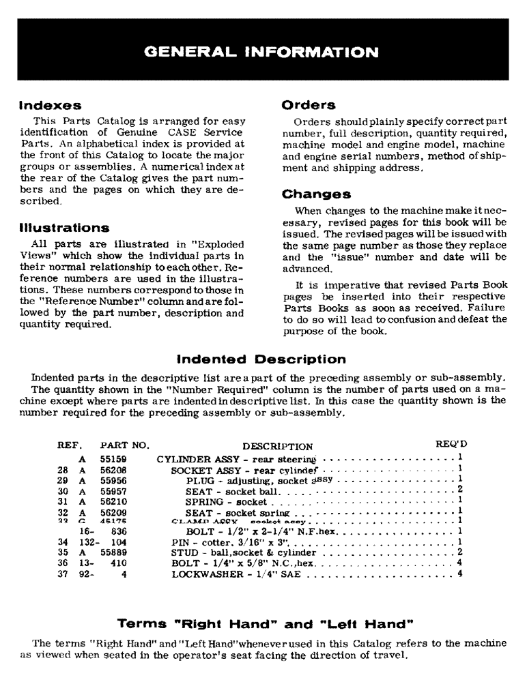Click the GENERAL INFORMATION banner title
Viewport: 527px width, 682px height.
tap(263, 52)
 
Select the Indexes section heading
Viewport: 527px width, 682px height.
tap(50, 106)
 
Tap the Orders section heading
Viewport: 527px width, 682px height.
tap(308, 106)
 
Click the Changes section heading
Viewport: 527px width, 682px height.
tap(316, 194)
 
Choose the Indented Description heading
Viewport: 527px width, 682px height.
tap(261, 359)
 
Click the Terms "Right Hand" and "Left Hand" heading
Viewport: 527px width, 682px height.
tap(263, 623)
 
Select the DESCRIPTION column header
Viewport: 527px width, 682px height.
tap(277, 447)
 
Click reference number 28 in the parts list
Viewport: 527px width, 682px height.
tap(63, 471)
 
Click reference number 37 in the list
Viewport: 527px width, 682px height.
tap(63, 574)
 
